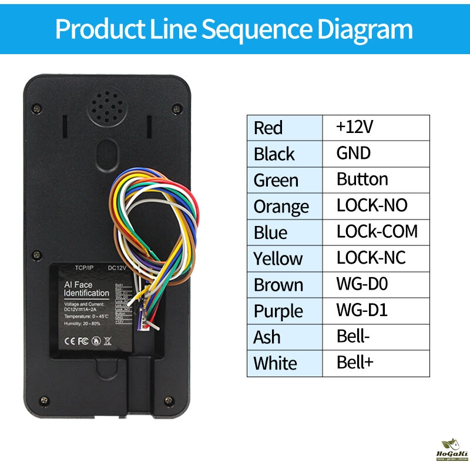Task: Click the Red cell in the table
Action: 268,128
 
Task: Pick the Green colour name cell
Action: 276,180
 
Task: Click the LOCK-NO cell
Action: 372,205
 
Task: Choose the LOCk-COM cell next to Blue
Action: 377,231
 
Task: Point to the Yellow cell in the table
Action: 278,258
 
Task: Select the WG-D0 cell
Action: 362,284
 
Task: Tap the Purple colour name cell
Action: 278,311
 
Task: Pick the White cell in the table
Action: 275,363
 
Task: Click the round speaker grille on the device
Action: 107,107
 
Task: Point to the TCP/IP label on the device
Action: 85,268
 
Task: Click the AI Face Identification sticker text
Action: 86,289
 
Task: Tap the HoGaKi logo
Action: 451,450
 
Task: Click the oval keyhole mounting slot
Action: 107,154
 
